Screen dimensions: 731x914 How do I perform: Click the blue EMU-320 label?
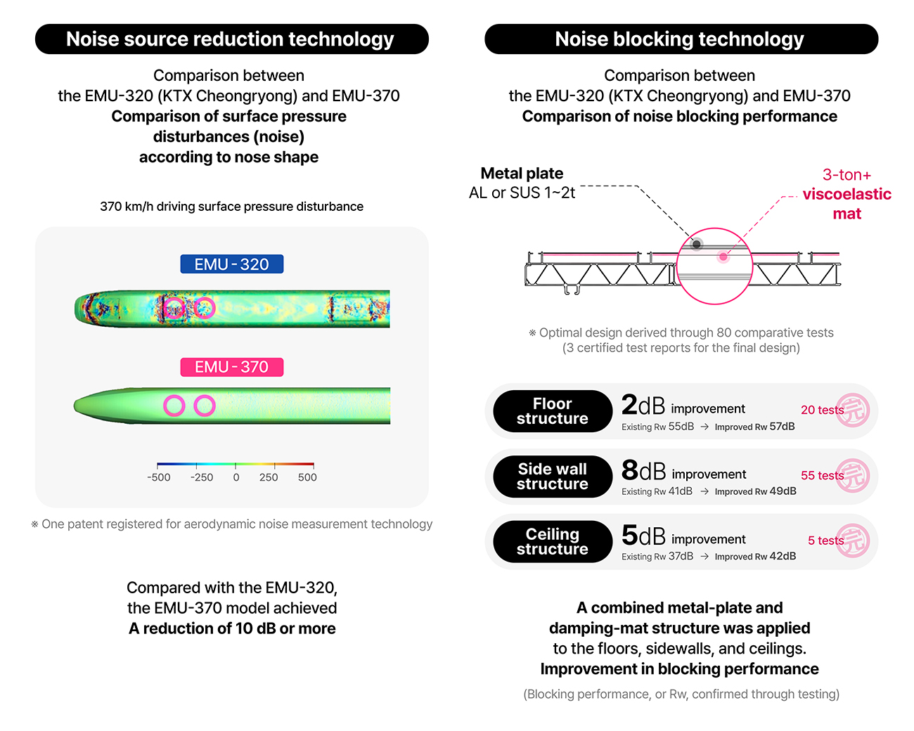pos(232,264)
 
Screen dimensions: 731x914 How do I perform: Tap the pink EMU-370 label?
pos(232,367)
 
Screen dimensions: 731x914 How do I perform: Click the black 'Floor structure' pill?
pos(553,411)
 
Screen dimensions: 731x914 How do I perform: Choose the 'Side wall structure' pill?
pos(553,477)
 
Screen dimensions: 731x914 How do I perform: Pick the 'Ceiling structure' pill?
pos(553,542)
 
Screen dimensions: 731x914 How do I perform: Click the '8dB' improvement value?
pos(643,470)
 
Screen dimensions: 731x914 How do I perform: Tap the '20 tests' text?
pos(822,410)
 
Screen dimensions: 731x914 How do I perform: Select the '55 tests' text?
pos(822,475)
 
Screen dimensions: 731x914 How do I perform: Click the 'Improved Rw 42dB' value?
pos(755,556)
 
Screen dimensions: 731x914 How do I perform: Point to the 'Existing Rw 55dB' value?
pos(657,427)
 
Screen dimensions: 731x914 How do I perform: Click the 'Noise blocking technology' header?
pos(681,39)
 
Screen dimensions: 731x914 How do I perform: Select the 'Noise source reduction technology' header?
pos(231,39)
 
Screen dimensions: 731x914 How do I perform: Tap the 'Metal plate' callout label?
pos(522,174)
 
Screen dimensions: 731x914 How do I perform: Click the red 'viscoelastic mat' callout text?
pos(847,204)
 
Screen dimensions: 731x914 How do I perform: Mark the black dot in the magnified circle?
pos(696,245)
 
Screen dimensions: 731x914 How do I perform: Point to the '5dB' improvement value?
pos(643,536)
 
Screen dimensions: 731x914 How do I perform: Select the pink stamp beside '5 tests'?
pos(853,541)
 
